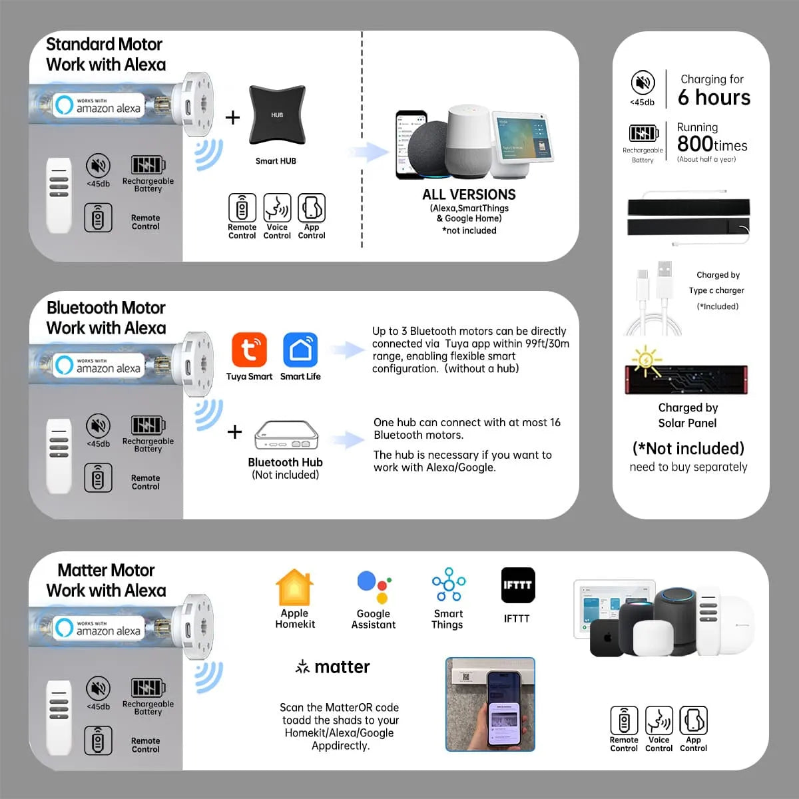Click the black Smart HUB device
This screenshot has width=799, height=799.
point(277,115)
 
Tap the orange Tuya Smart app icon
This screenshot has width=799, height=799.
point(249,350)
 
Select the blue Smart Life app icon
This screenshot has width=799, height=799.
point(300,350)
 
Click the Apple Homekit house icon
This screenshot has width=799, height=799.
point(294,587)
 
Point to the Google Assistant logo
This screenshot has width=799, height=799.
point(374,587)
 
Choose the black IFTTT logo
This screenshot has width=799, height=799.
point(518,585)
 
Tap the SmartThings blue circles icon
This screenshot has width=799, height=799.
point(449,584)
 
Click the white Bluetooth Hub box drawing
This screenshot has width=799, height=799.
point(286,435)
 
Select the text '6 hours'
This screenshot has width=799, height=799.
point(714,97)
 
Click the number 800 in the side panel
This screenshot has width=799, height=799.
point(695,143)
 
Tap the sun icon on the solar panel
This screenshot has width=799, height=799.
point(645,360)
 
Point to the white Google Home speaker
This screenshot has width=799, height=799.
point(468,141)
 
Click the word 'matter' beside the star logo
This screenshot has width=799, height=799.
point(342,667)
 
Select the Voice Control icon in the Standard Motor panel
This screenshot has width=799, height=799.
point(277,207)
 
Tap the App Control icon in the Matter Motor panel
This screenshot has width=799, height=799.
point(693,720)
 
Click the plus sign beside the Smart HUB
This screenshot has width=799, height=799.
point(232,117)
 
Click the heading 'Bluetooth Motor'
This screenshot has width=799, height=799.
point(106,308)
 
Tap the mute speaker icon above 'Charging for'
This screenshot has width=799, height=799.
point(643,82)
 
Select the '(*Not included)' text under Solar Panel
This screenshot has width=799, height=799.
point(688,449)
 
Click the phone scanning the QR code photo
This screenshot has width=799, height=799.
point(490,704)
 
